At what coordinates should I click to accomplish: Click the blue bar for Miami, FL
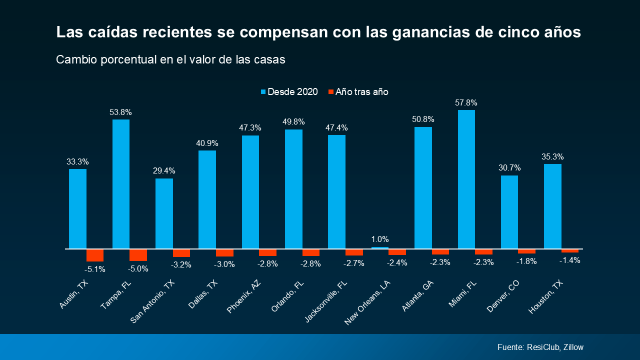point(466,179)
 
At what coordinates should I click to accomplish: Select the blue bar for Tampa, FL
point(121,184)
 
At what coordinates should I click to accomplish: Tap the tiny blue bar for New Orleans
point(380,247)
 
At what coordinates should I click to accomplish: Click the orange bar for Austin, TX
point(95,255)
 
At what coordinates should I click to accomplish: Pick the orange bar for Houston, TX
point(569,251)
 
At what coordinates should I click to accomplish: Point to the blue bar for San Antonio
point(164,213)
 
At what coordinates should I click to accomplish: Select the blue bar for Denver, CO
point(509,212)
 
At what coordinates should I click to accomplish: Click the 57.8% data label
point(466,102)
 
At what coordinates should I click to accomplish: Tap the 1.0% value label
point(380,239)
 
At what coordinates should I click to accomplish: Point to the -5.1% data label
point(95,269)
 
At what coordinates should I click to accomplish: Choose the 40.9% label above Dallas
point(207,143)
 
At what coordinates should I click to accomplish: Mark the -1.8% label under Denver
point(526,261)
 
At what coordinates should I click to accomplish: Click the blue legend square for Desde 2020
point(263,91)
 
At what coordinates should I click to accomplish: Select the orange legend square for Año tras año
point(331,91)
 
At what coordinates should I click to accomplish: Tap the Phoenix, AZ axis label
point(243,296)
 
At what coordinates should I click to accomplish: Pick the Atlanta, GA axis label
point(417,295)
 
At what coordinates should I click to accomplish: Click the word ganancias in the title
point(431,32)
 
